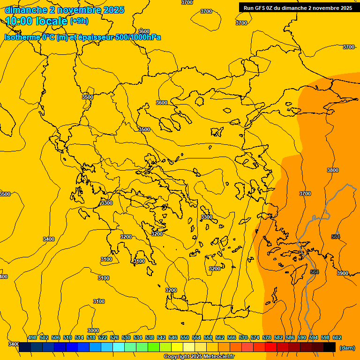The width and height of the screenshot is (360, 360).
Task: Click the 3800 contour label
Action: pos(332,170)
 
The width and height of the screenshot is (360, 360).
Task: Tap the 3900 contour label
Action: pos(343,273)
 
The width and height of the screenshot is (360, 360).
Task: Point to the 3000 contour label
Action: pos(93,330)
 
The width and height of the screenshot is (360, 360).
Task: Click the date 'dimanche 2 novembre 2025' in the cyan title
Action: pos(65,10)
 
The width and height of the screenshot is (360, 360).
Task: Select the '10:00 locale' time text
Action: pos(36,21)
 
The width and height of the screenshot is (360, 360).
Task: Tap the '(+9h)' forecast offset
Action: pos(79,21)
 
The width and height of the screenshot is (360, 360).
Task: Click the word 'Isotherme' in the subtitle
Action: pos(22,37)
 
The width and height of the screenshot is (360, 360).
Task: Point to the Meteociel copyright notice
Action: pos(199,357)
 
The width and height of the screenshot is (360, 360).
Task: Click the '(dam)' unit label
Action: pos(347,348)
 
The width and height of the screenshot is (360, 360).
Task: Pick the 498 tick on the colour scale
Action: pos(32,337)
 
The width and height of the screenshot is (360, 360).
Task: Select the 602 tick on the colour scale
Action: pos(337,337)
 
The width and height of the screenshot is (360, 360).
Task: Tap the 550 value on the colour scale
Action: pos(185,337)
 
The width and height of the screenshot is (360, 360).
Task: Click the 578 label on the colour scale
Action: pos(267,337)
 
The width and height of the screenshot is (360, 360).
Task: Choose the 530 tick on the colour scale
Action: pos(126,337)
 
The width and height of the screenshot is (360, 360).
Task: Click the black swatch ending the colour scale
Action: pos(330,347)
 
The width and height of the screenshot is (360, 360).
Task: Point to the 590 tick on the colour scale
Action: pos(302,337)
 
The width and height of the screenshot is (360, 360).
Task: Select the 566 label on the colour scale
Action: pos(232,337)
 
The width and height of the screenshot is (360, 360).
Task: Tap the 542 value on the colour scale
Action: pos(161,337)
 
